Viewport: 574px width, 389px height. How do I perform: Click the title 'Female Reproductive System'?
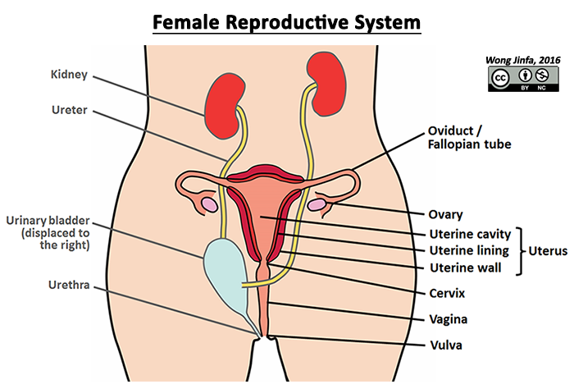pos(287,21)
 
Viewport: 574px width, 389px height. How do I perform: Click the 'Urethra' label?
pos(69,286)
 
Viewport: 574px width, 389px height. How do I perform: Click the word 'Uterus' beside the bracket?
pos(548,251)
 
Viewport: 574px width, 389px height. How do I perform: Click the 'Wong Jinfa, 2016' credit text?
pos(523,61)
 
